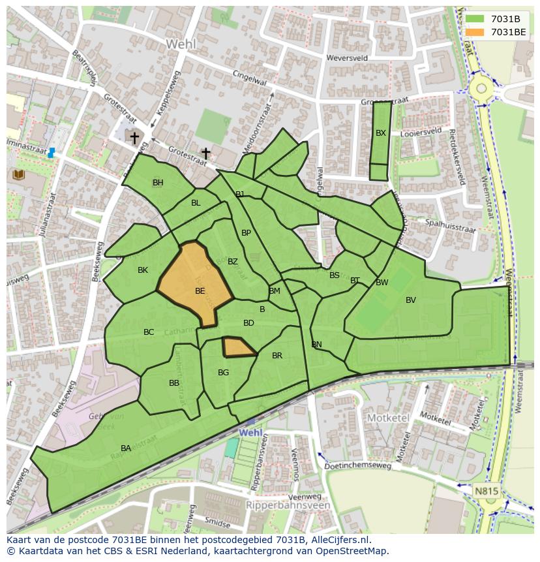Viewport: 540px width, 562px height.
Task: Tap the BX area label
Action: click(x=381, y=133)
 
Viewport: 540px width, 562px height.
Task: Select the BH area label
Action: click(x=158, y=183)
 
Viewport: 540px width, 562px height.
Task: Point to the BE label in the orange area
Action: click(x=200, y=291)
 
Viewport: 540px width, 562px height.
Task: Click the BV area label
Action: click(x=411, y=300)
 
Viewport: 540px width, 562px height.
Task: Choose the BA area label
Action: click(x=126, y=448)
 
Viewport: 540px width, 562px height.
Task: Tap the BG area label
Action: click(x=224, y=373)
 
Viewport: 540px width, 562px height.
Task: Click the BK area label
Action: click(x=143, y=270)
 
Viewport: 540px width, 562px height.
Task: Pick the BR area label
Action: click(x=277, y=356)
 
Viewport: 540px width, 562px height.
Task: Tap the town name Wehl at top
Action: click(x=181, y=44)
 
